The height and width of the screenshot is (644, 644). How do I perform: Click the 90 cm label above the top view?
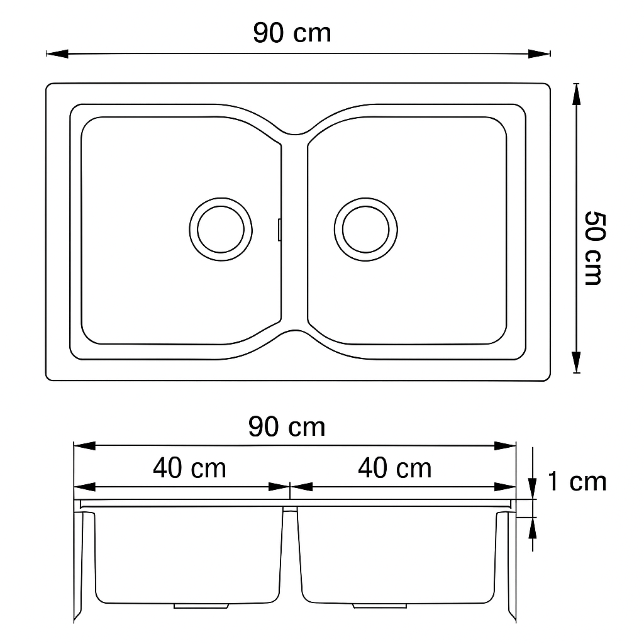292,33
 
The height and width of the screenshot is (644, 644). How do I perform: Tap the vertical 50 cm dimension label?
594,248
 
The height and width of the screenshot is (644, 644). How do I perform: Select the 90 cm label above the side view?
287,427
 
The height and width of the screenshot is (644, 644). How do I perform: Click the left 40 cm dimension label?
189,468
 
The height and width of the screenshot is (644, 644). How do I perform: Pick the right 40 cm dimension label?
395,468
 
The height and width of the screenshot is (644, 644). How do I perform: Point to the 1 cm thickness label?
577,481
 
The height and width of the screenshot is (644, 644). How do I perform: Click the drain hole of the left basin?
221,229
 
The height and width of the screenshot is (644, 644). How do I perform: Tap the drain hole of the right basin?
365,229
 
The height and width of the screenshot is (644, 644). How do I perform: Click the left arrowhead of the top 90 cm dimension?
57,53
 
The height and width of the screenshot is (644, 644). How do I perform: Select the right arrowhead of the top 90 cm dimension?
539,53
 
